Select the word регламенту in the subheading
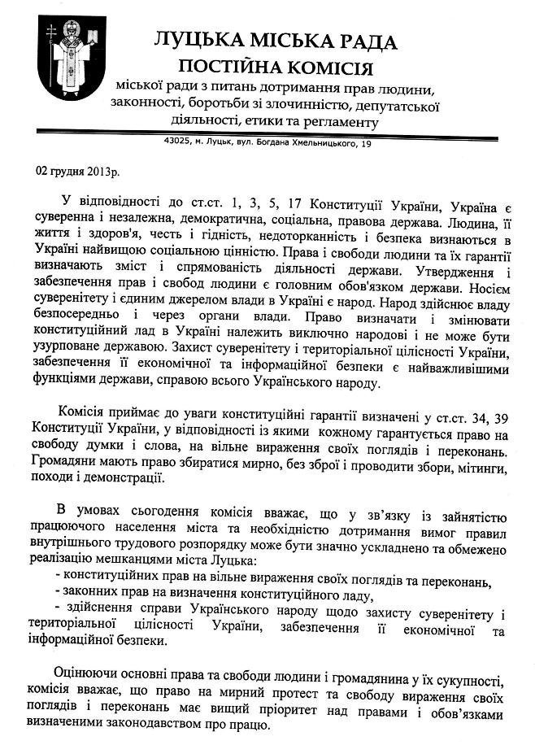tap(341, 121)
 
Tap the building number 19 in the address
tap(367, 144)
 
